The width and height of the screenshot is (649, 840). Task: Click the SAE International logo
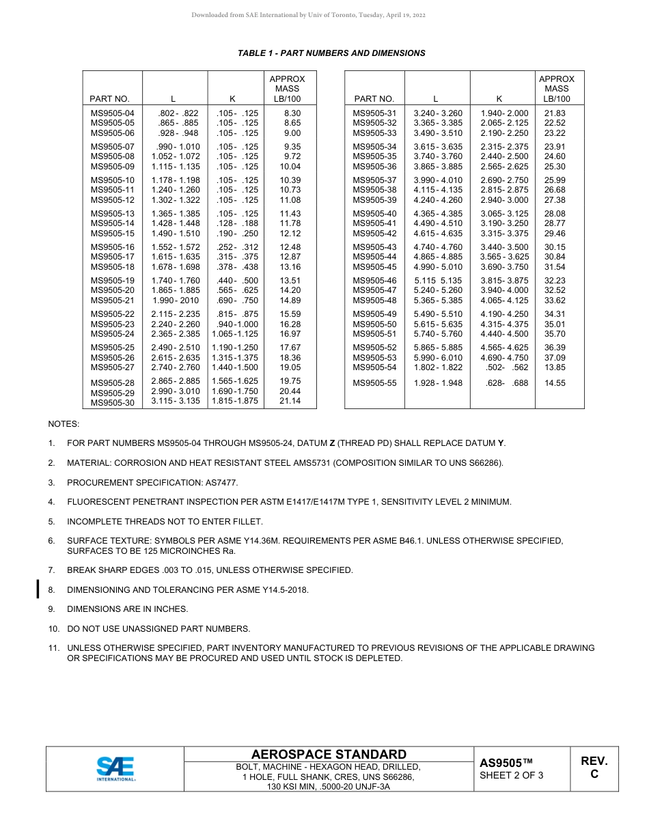pyautogui.click(x=115, y=768)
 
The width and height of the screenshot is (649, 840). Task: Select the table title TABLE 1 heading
pyautogui.click(x=331, y=53)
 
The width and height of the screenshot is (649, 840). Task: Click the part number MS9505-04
pyautogui.click(x=113, y=113)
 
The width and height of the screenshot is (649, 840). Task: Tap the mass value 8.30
pyautogui.click(x=292, y=113)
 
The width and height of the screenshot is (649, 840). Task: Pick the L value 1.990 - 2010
pyautogui.click(x=176, y=300)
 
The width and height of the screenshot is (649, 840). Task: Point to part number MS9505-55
pyautogui.click(x=374, y=383)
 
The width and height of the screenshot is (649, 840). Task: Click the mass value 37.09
pyautogui.click(x=555, y=358)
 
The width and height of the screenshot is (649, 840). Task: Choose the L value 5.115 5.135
pyautogui.click(x=438, y=281)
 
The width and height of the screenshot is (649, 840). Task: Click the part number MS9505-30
pyautogui.click(x=113, y=403)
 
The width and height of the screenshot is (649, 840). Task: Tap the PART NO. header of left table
pyautogui.click(x=109, y=99)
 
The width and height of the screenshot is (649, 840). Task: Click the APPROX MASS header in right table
pyautogui.click(x=557, y=89)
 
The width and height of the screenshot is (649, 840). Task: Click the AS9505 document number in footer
pyautogui.click(x=506, y=763)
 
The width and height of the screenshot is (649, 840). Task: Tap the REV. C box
pyautogui.click(x=594, y=768)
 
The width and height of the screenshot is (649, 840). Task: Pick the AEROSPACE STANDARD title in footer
pyautogui.click(x=329, y=754)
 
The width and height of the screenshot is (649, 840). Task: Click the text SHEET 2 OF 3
pyautogui.click(x=511, y=775)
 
